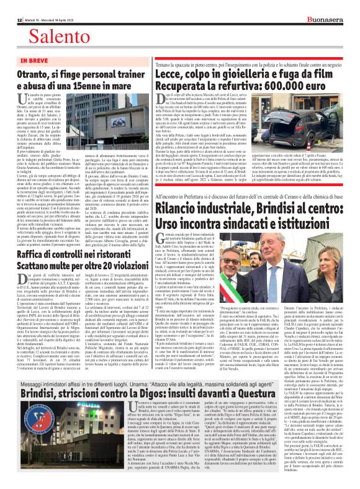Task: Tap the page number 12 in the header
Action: pos(12,6)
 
